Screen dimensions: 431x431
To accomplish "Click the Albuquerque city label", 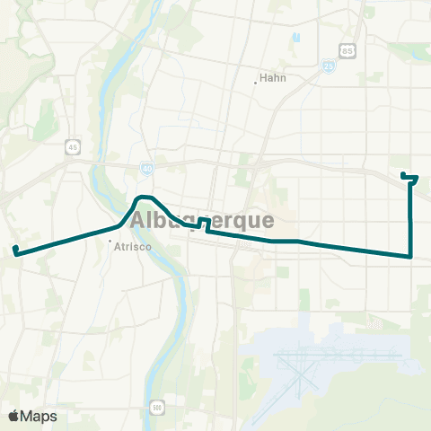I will tap(202, 221).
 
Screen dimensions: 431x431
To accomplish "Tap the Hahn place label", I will tap(271, 77).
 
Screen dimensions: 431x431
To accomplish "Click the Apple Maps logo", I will tap(32, 416).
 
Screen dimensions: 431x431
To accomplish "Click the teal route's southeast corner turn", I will tap(410, 256).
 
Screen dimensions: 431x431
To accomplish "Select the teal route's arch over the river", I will tap(143, 198).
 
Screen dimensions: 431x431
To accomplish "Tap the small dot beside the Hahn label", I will tap(256, 83).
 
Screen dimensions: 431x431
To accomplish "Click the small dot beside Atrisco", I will tap(110, 241).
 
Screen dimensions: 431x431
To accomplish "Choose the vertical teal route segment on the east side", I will tap(410, 220).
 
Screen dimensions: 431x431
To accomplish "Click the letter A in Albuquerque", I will tap(139, 221).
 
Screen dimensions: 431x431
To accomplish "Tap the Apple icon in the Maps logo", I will tap(13, 416).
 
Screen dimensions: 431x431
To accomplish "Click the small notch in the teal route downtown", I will tap(206, 223).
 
